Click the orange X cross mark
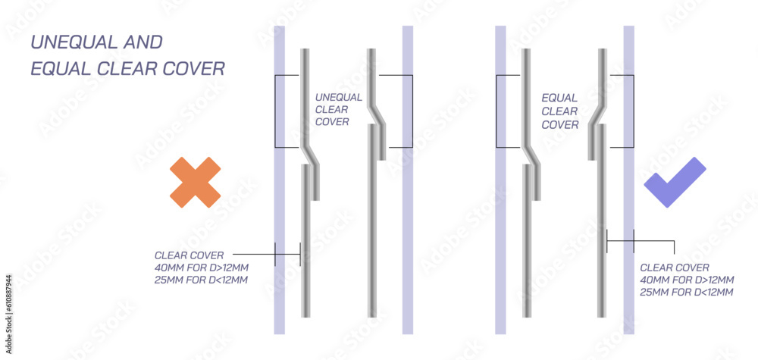point(195,182)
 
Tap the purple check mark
point(674,183)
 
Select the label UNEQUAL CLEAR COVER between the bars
point(338,109)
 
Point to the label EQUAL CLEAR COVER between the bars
point(560,111)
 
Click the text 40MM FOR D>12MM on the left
point(201,268)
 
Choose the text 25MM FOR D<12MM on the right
point(687,292)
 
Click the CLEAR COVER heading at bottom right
point(675,268)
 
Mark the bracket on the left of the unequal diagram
point(275,111)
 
